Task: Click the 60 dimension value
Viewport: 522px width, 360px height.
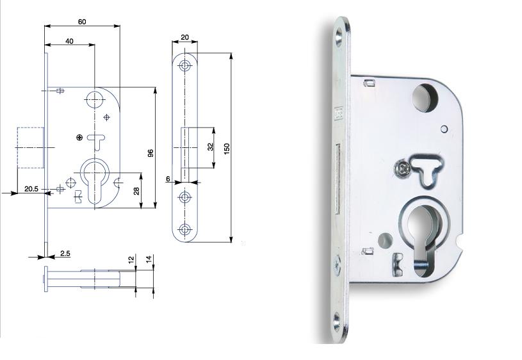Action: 82,22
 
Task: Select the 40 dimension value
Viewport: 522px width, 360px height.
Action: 69,41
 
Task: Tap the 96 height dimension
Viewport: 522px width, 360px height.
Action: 151,153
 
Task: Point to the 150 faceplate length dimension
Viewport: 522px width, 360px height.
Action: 227,149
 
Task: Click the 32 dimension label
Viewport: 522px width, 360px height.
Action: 210,147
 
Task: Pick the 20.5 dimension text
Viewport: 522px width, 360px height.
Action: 31,189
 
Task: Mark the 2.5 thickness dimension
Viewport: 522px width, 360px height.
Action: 65,254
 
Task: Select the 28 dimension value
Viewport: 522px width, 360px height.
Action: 136,191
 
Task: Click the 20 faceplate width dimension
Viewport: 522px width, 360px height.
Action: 184,37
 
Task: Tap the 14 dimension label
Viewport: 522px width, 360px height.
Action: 149,259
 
